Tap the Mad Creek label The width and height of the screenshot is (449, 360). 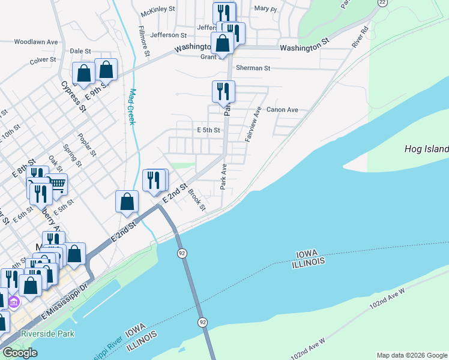pyautogui.click(x=133, y=107)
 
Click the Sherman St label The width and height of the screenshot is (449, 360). pyautogui.click(x=253, y=68)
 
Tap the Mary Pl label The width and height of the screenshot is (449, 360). pyautogui.click(x=265, y=8)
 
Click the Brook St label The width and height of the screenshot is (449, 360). pyautogui.click(x=197, y=200)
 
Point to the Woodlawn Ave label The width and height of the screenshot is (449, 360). pyautogui.click(x=36, y=42)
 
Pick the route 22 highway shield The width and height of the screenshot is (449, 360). pyautogui.click(x=381, y=2)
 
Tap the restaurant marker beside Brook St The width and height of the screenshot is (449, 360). pyautogui.click(x=154, y=180)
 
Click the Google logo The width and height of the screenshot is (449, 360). pyautogui.click(x=20, y=353)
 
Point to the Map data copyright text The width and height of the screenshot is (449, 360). pyautogui.click(x=411, y=355)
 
